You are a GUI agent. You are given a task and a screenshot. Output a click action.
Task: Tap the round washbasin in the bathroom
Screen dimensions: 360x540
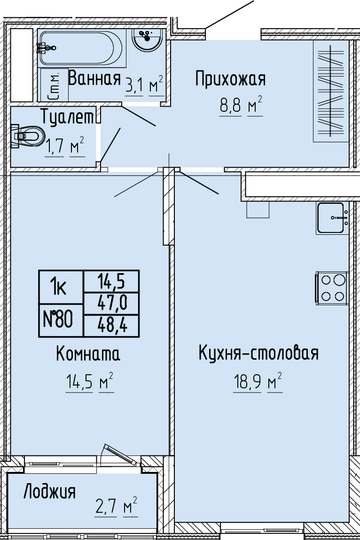click(147, 40)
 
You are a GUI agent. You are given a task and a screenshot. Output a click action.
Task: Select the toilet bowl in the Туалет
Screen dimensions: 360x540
click(28, 136)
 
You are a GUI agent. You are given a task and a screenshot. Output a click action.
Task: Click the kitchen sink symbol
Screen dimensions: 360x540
click(332, 218)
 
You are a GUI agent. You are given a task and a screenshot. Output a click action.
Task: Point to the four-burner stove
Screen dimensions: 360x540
click(331, 287)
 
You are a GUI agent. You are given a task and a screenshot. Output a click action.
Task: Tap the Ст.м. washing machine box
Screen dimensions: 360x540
click(55, 85)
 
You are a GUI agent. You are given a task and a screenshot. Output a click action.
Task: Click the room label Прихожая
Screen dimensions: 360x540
click(230, 78)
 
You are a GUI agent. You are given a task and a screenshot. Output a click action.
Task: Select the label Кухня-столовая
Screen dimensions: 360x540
click(258, 353)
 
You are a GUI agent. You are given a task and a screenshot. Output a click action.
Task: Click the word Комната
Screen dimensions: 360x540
click(88, 354)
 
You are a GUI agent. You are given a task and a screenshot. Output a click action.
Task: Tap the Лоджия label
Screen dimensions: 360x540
click(49, 492)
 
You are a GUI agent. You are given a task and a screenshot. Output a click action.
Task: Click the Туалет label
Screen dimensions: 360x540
click(68, 116)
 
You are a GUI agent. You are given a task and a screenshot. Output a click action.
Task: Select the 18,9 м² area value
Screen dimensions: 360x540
click(258, 382)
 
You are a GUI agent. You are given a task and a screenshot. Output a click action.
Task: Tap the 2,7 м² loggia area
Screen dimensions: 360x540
click(116, 507)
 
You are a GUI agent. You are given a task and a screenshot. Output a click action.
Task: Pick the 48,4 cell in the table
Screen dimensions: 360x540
click(112, 326)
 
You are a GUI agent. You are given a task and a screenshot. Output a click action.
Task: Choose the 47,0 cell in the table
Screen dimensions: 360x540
click(112, 303)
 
